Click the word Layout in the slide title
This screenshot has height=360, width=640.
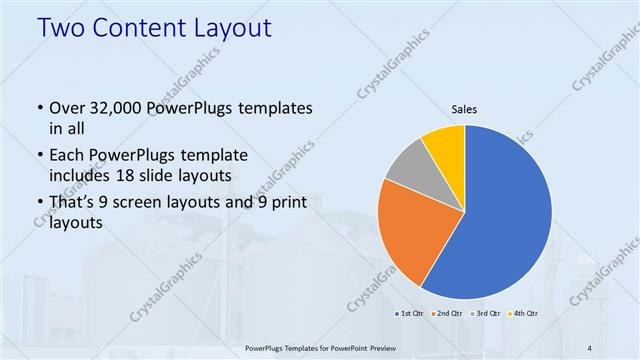pyautogui.click(x=228, y=29)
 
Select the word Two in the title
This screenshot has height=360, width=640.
pyautogui.click(x=62, y=29)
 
